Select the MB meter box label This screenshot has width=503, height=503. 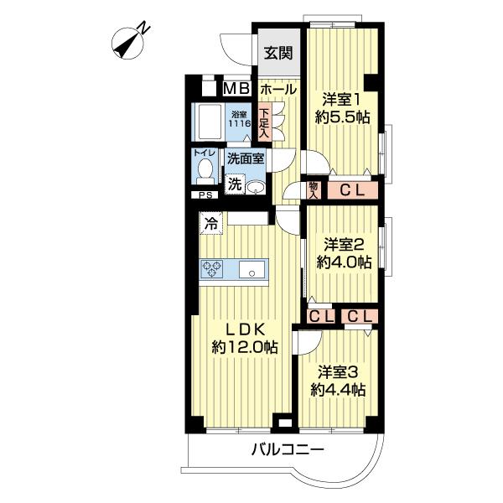pos(236,89)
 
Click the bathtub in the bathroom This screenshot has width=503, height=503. pos(208,122)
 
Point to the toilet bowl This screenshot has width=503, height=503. pos(205,171)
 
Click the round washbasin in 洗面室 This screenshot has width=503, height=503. pos(256,187)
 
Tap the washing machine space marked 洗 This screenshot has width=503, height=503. pos(235,184)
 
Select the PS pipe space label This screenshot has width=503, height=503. pos(205,195)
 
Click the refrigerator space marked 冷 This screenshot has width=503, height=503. pos(210,223)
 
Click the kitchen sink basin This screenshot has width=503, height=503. pos(252,269)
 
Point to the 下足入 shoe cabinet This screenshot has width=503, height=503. pos(264,123)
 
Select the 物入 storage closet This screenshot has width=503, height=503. pos(314,190)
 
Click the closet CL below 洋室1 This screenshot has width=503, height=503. pos(352,190)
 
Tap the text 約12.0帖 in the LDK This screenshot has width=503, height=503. pos(245,347)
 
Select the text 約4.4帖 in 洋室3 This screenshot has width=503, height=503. pos(338,391)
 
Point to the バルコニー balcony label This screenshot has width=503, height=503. pos(288,449)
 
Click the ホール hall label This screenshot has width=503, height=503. pos(277,90)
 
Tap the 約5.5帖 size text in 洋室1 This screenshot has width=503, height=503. pos(343,117)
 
